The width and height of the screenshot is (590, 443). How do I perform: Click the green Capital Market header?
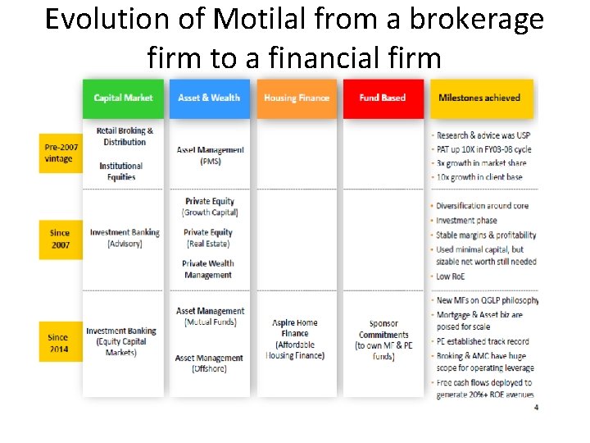point(123,98)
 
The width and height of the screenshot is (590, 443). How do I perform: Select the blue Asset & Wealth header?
point(209,98)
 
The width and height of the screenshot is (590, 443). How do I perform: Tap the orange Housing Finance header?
point(297,98)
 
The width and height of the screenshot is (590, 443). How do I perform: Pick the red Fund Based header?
point(383,98)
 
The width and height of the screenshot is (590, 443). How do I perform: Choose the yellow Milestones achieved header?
point(479,98)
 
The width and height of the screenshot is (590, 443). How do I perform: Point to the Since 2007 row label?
point(60,239)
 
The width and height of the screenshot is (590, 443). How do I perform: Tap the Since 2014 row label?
point(58,341)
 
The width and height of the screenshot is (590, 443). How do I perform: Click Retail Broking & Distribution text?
point(125,136)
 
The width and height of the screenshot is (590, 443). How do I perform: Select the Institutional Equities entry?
point(121,171)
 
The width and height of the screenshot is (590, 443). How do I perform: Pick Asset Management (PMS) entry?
point(210,156)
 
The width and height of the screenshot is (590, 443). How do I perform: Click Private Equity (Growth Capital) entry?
point(210,207)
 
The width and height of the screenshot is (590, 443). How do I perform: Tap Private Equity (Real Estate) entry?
point(208,238)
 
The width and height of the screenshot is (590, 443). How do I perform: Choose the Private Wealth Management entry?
point(208,269)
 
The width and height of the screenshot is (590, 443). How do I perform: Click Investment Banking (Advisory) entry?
point(125,238)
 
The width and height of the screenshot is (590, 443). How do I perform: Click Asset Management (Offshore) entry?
point(209,363)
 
